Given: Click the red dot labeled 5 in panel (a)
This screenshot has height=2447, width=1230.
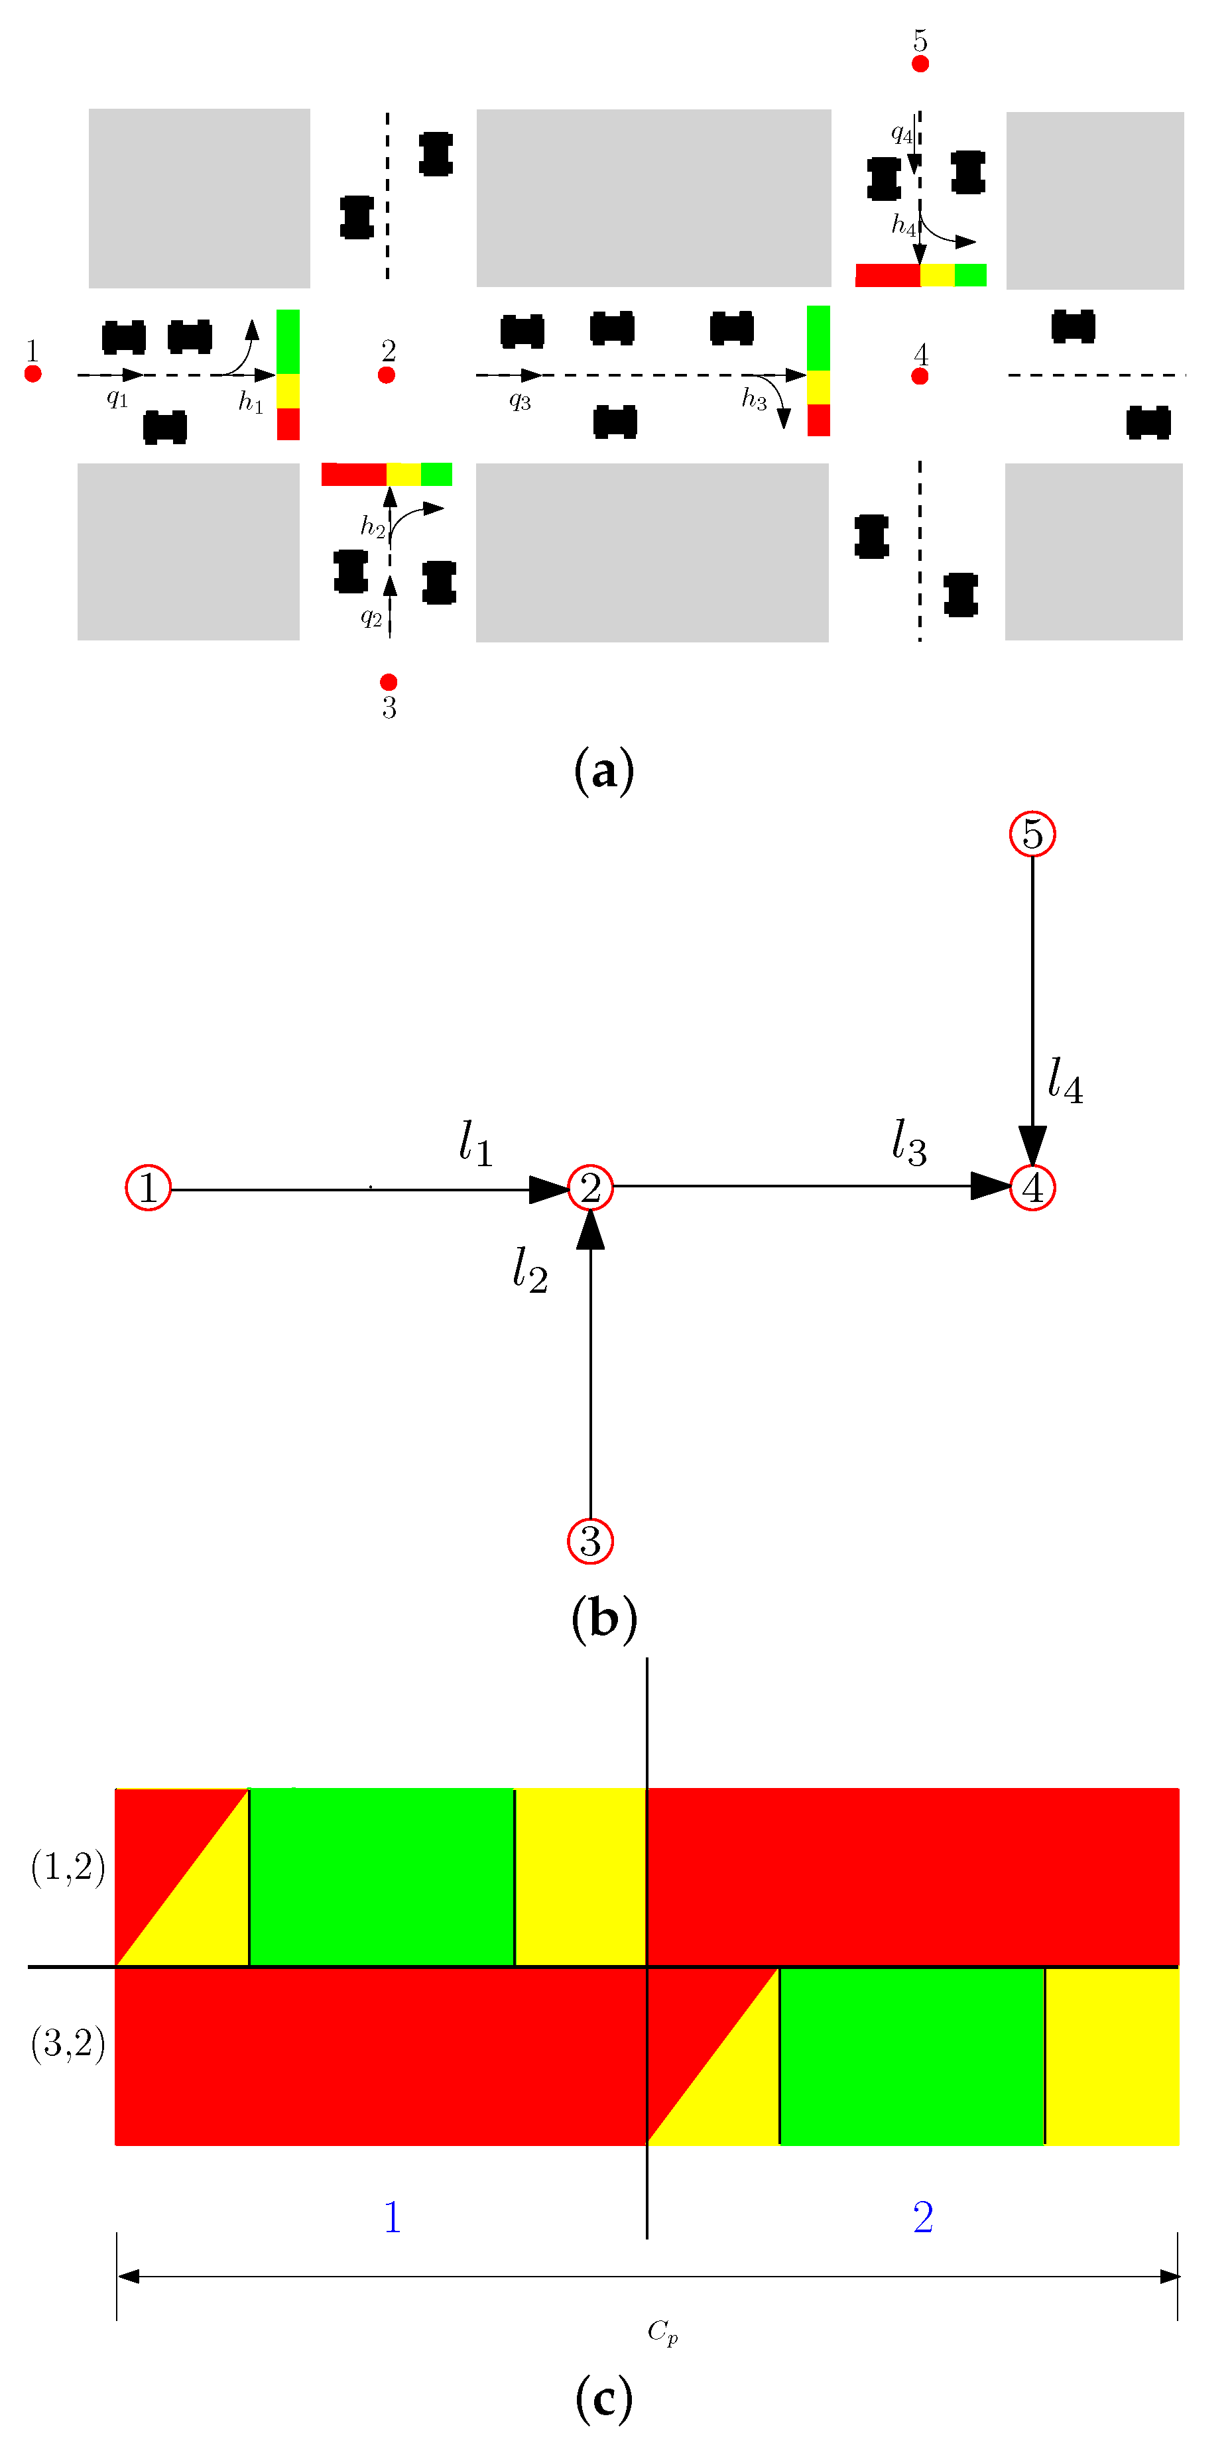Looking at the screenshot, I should [x=920, y=64].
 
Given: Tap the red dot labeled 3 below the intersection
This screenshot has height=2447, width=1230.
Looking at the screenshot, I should [x=389, y=682].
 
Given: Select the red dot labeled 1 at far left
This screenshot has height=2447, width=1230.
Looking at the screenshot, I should [x=33, y=375].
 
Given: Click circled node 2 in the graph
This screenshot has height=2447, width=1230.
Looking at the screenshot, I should [x=590, y=1187].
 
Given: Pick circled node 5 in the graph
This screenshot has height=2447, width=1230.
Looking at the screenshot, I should [x=1032, y=834].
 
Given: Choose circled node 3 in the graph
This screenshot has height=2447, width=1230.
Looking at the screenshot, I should [x=590, y=1541].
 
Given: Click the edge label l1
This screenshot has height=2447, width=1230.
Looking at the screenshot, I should [x=475, y=1143].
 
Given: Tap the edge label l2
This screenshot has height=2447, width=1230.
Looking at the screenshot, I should [x=529, y=1270].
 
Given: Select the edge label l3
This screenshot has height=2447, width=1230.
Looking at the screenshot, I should [x=908, y=1143].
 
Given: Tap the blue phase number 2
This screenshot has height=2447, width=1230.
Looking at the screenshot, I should [x=922, y=2217].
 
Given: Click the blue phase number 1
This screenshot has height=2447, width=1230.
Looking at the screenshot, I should [x=391, y=2217].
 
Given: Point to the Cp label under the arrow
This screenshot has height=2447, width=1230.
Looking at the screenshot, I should [x=662, y=2331].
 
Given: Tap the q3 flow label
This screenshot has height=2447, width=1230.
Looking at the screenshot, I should [x=520, y=400].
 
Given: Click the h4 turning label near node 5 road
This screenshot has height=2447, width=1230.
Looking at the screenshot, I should [x=903, y=225].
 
